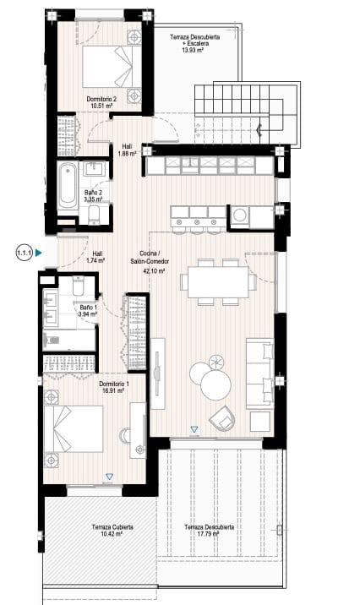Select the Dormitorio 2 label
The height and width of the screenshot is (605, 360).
(105, 99)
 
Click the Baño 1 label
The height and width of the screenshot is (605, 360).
(88, 308)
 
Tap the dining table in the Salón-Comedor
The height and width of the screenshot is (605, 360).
(220, 281)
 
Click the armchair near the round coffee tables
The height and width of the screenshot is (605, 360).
(222, 417)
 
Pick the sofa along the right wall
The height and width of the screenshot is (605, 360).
(259, 371)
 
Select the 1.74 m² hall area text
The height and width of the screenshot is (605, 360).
(95, 261)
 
